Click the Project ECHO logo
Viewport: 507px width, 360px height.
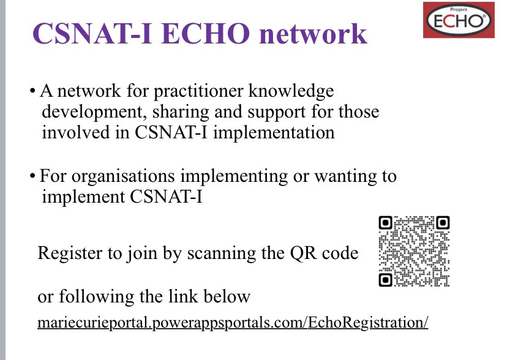click(458, 20)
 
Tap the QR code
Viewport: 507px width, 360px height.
click(414, 251)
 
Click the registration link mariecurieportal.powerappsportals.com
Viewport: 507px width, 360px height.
click(233, 323)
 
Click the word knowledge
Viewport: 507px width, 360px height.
click(290, 92)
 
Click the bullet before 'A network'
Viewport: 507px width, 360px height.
click(32, 93)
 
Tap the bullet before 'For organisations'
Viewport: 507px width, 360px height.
click(32, 178)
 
